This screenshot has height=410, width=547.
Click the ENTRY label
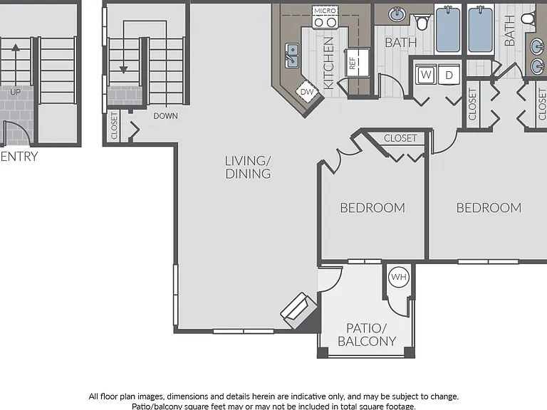pyautogui.click(x=19, y=157)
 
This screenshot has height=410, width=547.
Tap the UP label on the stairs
pyautogui.click(x=16, y=92)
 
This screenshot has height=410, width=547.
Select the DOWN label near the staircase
pyautogui.click(x=166, y=116)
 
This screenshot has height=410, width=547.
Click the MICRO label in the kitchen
pyautogui.click(x=325, y=11)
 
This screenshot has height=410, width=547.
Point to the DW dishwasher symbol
pyautogui.click(x=307, y=92)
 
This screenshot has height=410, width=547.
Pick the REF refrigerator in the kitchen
pyautogui.click(x=358, y=63)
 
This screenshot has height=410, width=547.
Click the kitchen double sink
pyautogui.click(x=292, y=56)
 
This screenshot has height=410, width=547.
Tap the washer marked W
pyautogui.click(x=426, y=74)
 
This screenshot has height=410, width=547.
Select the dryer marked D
pyautogui.click(x=449, y=75)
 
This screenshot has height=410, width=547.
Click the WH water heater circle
pyautogui.click(x=399, y=277)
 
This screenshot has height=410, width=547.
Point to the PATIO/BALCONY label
pyautogui.click(x=367, y=335)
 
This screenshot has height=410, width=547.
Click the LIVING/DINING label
pyautogui.click(x=248, y=167)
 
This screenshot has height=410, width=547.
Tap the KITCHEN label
pyautogui.click(x=328, y=63)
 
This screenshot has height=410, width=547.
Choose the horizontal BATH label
pyautogui.click(x=401, y=43)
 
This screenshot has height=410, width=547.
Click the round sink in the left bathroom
pyautogui.click(x=397, y=15)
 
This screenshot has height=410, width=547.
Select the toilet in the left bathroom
pyautogui.click(x=422, y=22)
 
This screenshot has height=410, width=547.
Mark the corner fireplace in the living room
pyautogui.click(x=298, y=310)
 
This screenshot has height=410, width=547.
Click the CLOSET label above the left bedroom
pyautogui.click(x=400, y=138)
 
